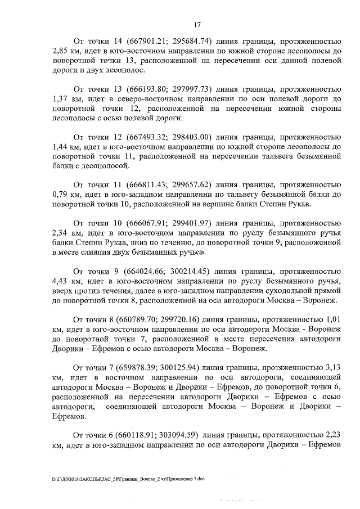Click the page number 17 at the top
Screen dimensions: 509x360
coord(197,25)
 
